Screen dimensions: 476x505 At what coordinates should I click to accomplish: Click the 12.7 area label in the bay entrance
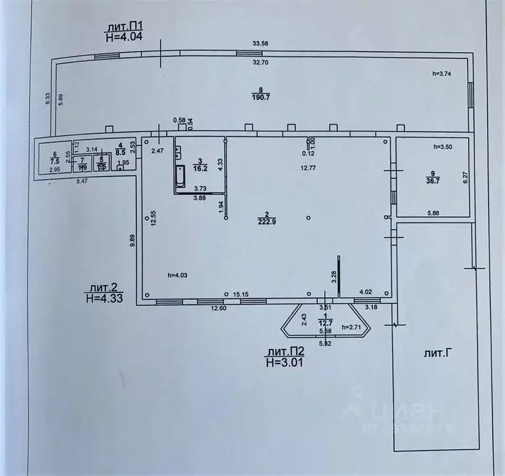(327, 322)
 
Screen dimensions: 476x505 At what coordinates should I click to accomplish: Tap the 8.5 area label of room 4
(121, 151)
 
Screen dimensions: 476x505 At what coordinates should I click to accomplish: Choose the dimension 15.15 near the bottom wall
(241, 294)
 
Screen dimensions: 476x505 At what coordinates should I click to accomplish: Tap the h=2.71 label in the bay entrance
(354, 327)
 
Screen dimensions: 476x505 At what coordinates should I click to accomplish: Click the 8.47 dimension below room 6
(82, 181)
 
